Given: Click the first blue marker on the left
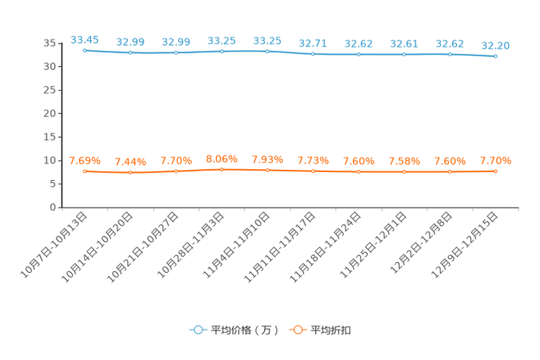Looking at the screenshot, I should [85, 51].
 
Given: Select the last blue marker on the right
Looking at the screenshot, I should [496, 56].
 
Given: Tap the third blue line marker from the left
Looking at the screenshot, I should [176, 53].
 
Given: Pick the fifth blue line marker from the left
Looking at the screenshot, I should [268, 51].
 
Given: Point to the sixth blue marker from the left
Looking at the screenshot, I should [313, 54].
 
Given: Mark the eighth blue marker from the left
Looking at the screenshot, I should [404, 54].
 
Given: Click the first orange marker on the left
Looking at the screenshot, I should [85, 171].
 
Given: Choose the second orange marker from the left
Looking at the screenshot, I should [131, 172].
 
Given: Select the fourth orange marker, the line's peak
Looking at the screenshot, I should [222, 168].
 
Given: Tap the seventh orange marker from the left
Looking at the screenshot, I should [359, 171].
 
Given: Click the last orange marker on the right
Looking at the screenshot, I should [496, 171].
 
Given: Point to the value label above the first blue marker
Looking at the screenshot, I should [84, 39].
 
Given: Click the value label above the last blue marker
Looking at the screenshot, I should [496, 46].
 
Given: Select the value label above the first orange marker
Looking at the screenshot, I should [84, 160].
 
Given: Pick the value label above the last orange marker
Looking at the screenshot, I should [496, 160].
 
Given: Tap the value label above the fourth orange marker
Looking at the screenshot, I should [221, 158].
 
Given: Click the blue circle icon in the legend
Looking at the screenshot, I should [198, 330].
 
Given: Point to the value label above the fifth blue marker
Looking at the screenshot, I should [267, 40].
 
